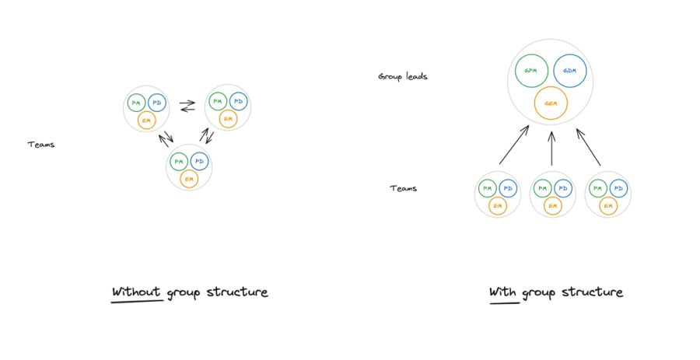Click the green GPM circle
[531, 71]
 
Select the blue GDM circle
[569, 71]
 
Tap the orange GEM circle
[551, 103]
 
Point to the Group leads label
[402, 76]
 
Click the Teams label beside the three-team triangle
[41, 145]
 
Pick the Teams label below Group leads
[403, 188]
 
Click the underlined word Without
[136, 292]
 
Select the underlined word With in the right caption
[503, 292]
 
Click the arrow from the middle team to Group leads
[551, 148]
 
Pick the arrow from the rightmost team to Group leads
[588, 146]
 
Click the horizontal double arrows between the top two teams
[187, 103]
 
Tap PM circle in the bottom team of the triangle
[180, 161]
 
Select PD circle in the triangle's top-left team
[157, 102]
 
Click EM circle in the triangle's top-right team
[228, 119]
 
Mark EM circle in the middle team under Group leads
[552, 205]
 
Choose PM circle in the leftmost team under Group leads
[488, 188]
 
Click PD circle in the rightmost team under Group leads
[618, 188]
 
